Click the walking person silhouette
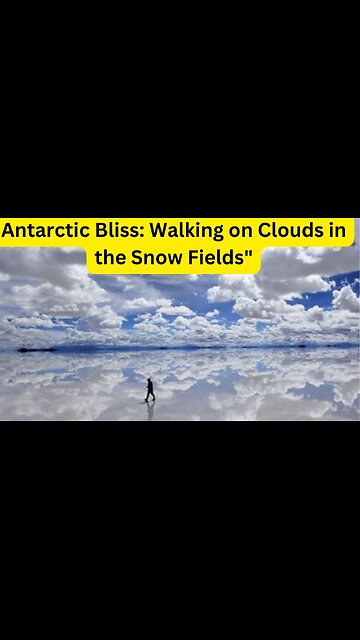click(x=150, y=390)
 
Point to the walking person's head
click(x=151, y=380)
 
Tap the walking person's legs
click(x=150, y=396)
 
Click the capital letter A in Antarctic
click(x=9, y=231)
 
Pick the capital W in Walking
click(x=159, y=231)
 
